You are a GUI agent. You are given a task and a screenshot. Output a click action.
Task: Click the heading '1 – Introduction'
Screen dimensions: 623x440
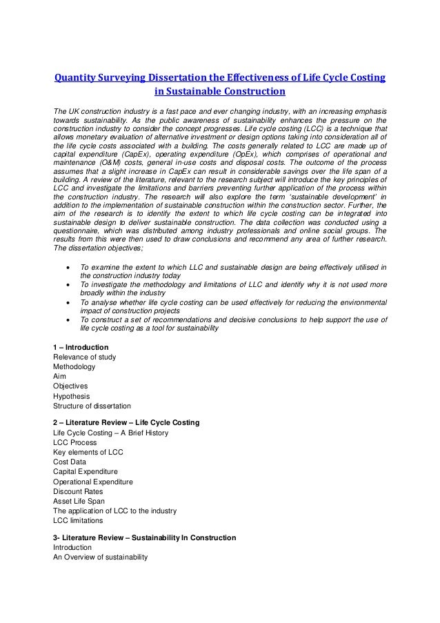point(81,346)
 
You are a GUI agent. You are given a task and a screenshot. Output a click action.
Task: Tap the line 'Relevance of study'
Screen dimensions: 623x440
point(84,357)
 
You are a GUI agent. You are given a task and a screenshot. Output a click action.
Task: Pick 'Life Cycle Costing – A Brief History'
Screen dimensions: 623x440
point(110,433)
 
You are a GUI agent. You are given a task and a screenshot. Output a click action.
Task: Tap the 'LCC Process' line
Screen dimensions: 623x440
point(74,442)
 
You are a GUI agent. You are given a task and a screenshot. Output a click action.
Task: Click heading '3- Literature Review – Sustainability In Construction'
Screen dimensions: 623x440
point(144,537)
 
